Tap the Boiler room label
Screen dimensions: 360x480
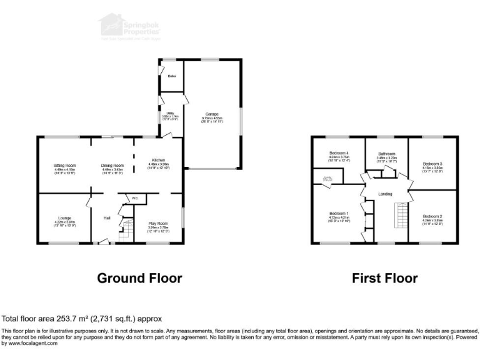pos(172,76)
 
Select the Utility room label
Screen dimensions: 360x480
pos(169,113)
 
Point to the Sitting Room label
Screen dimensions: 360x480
pos(64,165)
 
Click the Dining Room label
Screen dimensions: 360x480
pos(113,165)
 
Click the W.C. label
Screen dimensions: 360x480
pos(134,199)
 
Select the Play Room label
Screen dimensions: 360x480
pos(158,223)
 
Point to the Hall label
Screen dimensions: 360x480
pos(107,218)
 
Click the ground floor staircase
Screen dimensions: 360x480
pos(127,231)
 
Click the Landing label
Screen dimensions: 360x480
pos(386,194)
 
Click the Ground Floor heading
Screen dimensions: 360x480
pos(139,278)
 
